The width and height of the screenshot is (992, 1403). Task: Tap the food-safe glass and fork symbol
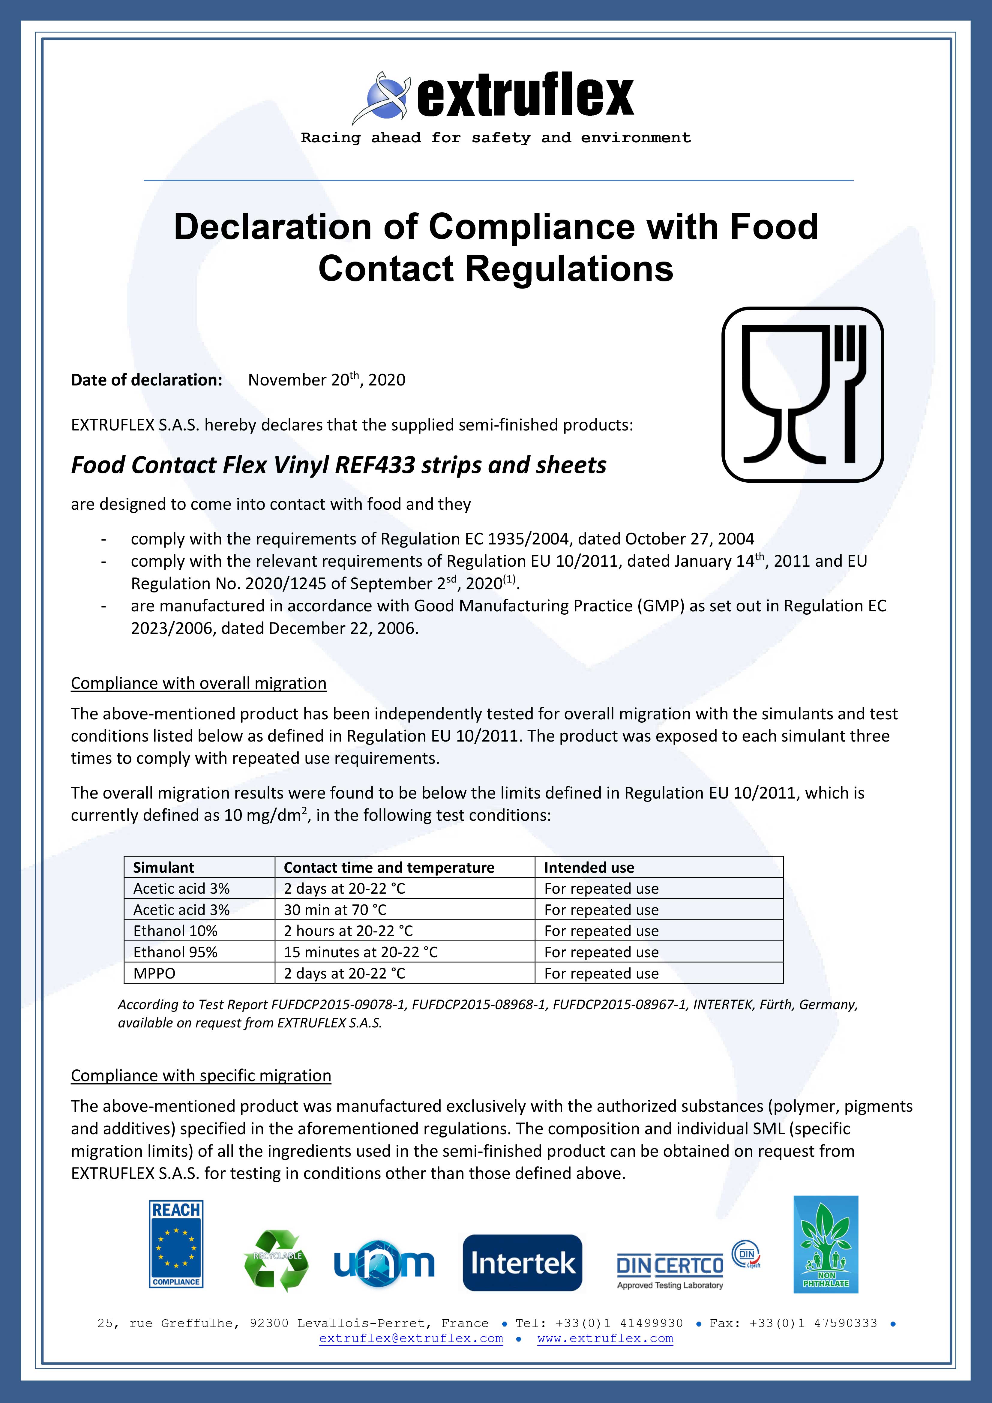coord(802,395)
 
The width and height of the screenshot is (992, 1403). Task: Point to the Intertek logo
coord(523,1262)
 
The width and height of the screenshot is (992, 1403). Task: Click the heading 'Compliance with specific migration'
coord(201,1075)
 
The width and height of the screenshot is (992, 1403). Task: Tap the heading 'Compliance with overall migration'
coord(199,683)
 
